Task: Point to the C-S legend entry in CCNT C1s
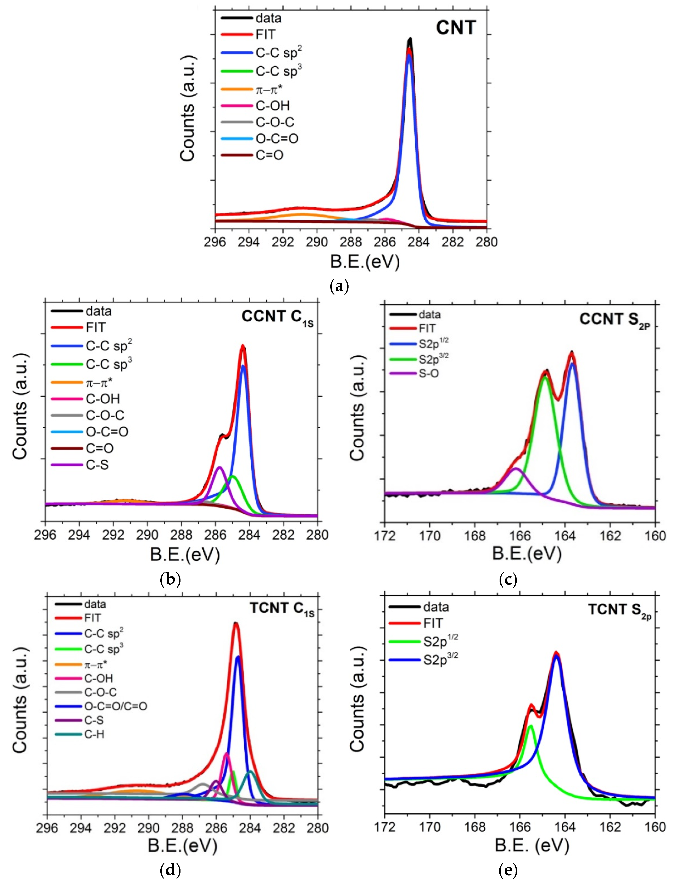[x=97, y=465]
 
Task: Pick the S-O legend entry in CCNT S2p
[x=429, y=373]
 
